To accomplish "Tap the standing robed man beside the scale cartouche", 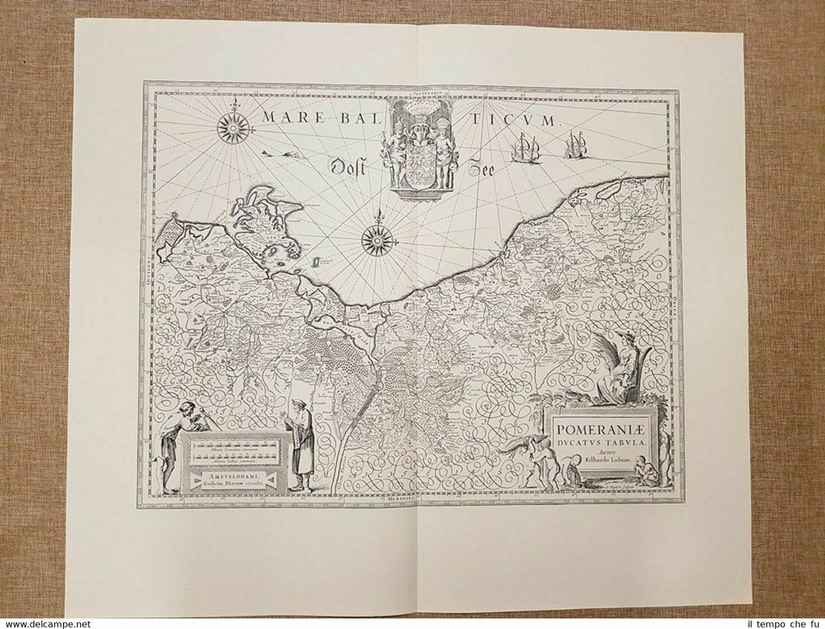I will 299,443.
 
